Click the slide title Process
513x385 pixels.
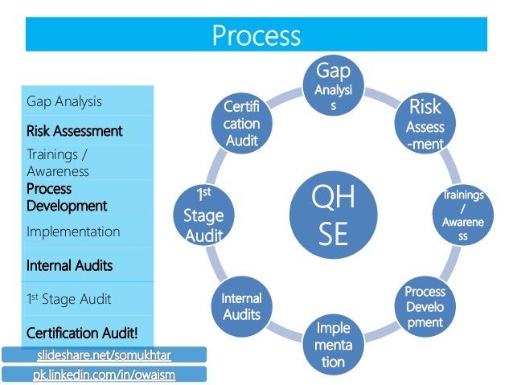point(256,36)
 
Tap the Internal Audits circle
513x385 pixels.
point(242,305)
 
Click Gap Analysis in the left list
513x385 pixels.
point(64,101)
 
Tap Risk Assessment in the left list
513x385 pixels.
point(74,130)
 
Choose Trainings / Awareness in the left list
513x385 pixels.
point(58,163)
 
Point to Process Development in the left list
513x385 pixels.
point(67,197)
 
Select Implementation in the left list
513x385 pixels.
point(73,231)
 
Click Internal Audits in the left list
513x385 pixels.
point(69,265)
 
